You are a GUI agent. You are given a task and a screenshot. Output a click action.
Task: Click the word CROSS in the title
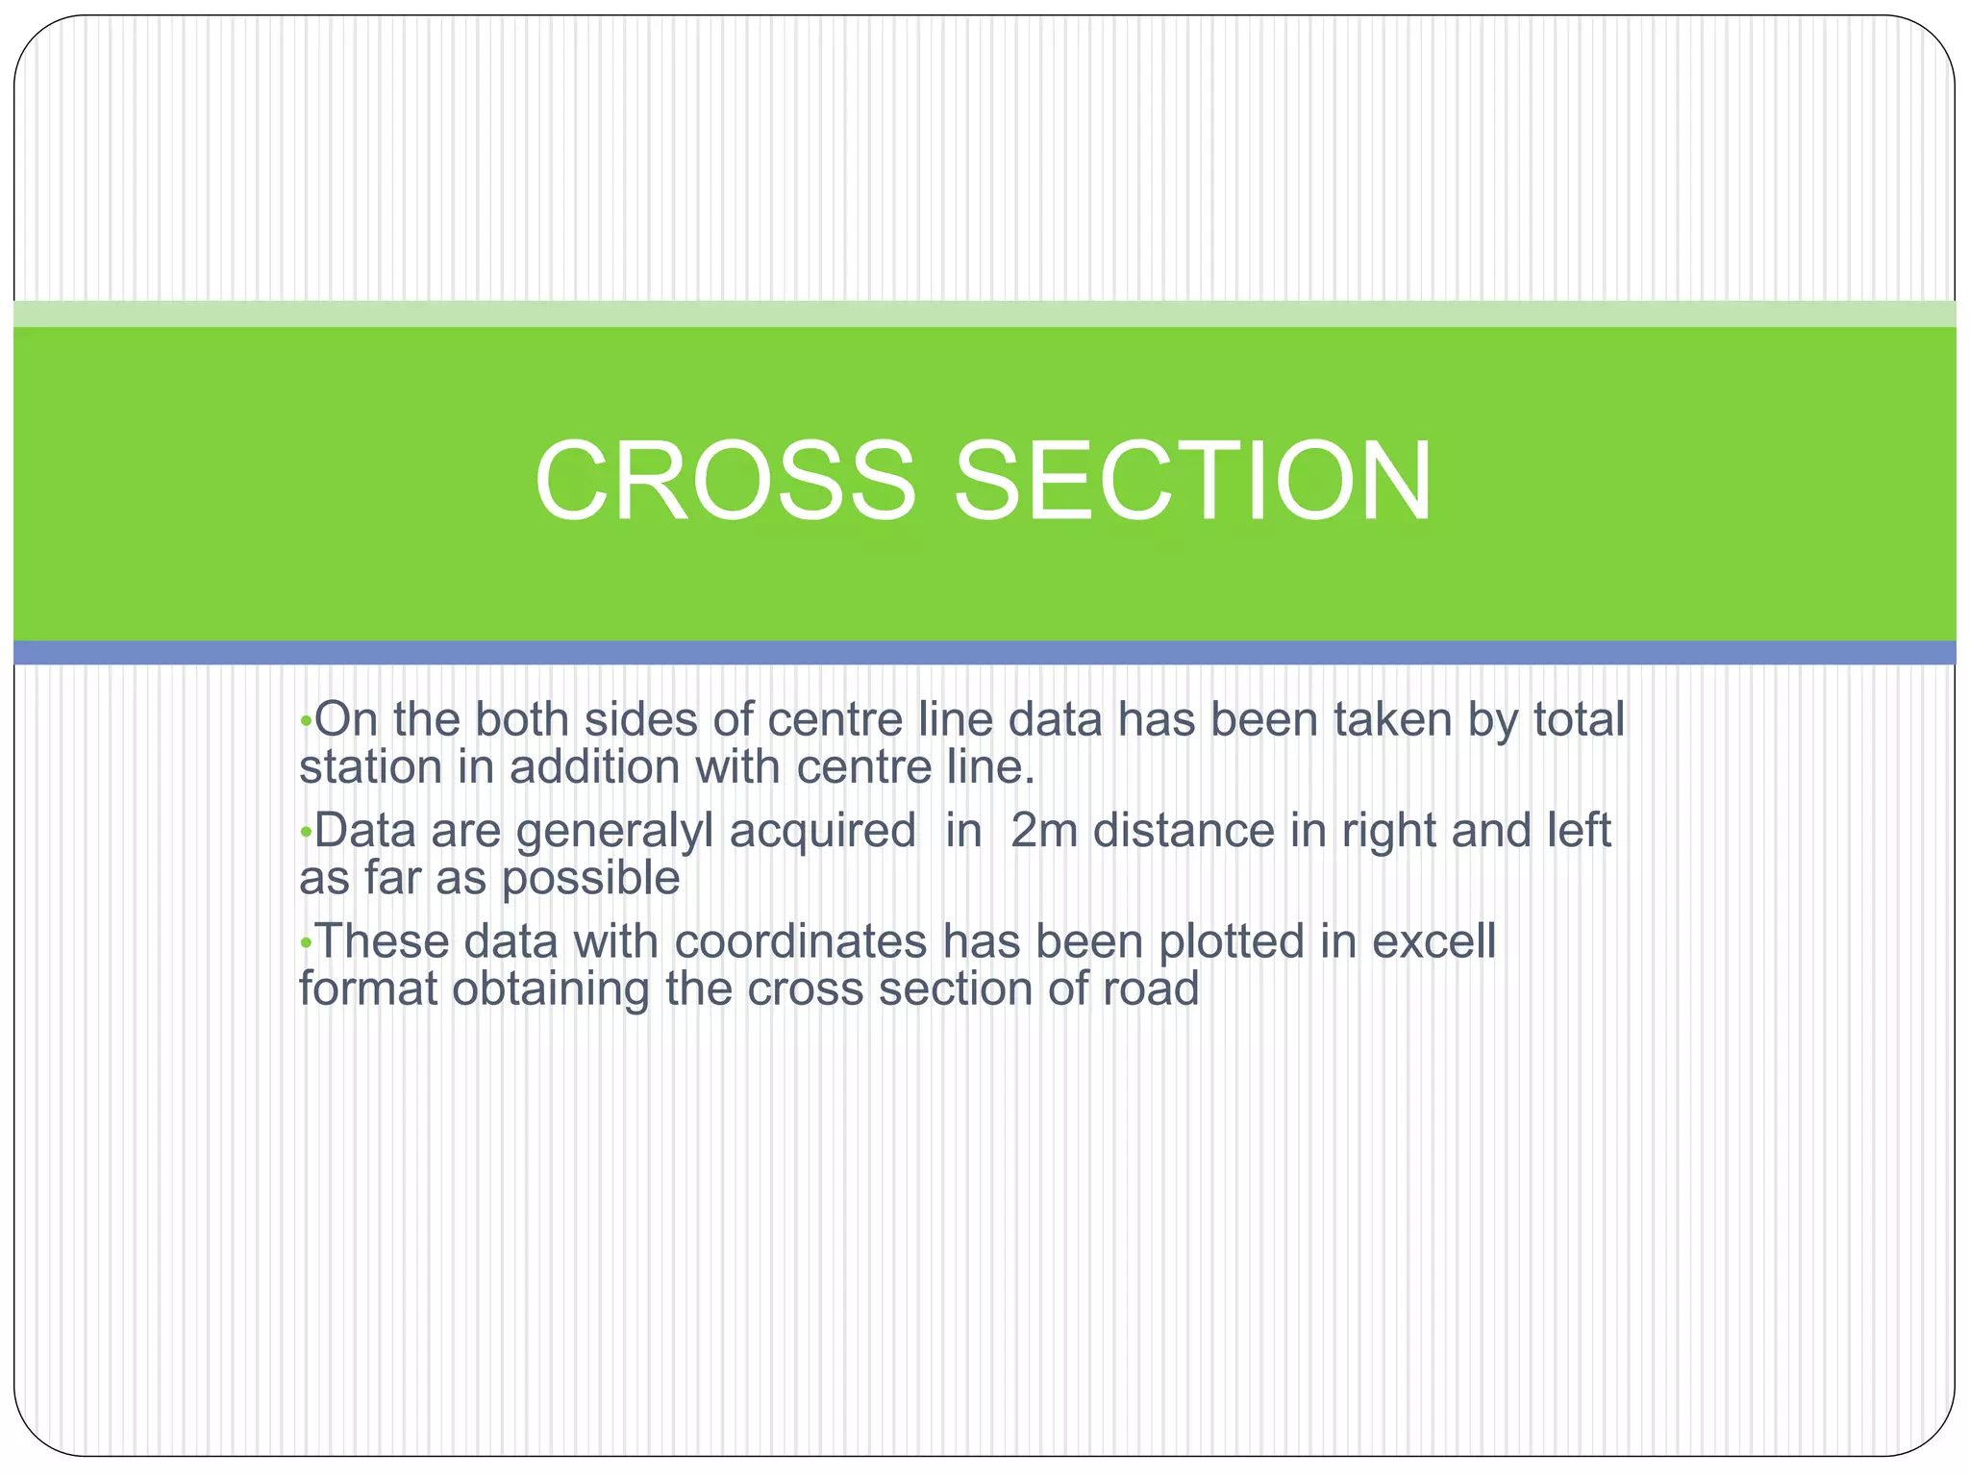pos(725,480)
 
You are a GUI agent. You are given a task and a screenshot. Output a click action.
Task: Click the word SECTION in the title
pos(1192,480)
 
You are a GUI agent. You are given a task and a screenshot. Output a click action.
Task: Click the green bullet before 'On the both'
pos(306,721)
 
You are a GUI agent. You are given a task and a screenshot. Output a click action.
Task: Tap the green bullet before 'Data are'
pos(306,833)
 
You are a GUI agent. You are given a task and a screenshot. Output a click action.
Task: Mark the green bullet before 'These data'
pos(306,943)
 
